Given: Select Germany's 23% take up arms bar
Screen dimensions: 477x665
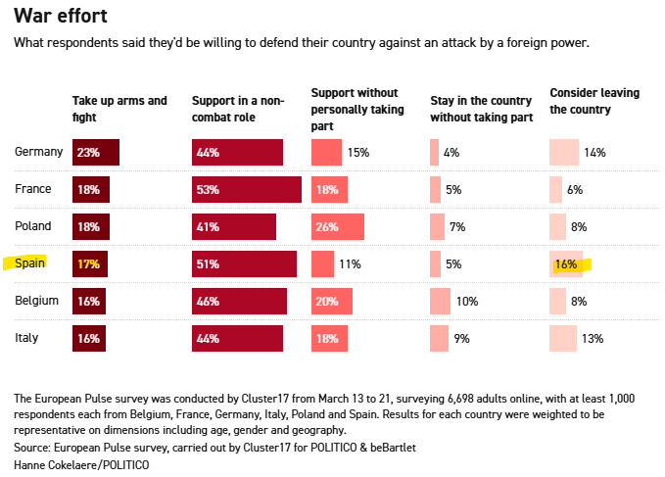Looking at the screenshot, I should (96, 153).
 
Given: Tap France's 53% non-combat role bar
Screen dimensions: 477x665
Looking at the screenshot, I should (246, 190).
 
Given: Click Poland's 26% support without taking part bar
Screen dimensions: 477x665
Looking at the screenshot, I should (338, 227).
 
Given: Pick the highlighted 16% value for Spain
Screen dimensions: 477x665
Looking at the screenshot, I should (565, 264).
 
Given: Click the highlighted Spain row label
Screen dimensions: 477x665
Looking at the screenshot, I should (32, 263).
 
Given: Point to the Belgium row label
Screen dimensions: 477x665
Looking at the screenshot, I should (37, 301).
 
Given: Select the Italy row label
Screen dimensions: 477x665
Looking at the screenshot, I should (27, 338).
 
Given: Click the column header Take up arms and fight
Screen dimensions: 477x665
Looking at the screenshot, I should (119, 108).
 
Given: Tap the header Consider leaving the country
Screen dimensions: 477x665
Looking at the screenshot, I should (594, 101).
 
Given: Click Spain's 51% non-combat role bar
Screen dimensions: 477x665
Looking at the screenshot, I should (244, 264).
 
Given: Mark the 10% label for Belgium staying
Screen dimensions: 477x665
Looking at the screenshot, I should (467, 302).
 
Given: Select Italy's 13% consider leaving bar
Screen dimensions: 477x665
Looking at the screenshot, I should (563, 339).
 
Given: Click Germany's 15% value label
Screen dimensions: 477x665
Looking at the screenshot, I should (357, 153).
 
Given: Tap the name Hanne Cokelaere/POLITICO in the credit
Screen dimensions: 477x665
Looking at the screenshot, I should (81, 463).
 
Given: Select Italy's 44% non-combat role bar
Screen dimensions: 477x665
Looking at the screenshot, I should (237, 339).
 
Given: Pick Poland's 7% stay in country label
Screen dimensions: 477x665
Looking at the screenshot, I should (457, 227).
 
